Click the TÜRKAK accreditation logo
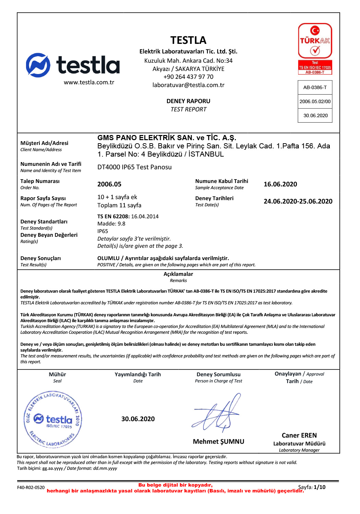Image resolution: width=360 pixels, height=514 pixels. pyautogui.click(x=315, y=48)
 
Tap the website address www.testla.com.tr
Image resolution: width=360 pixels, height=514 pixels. pyautogui.click(x=89, y=82)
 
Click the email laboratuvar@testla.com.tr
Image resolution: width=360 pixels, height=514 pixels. pyautogui.click(x=188, y=85)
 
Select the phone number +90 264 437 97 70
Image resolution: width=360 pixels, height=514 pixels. pyautogui.click(x=188, y=77)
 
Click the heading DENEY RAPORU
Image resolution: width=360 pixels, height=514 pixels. pyautogui.click(x=188, y=101)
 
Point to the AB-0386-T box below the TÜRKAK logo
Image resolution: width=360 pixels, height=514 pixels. pyautogui.click(x=315, y=87)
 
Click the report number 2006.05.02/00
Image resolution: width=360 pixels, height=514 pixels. pyautogui.click(x=315, y=101)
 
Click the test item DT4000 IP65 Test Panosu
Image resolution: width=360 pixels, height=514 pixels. pyautogui.click(x=134, y=167)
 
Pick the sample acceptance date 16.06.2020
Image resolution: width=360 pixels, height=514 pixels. pyautogui.click(x=280, y=184)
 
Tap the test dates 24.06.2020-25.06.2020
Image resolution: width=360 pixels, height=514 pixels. pyautogui.click(x=298, y=201)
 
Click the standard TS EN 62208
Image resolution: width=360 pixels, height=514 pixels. pyautogui.click(x=113, y=217)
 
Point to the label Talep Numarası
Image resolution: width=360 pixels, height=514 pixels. pyautogui.click(x=40, y=181)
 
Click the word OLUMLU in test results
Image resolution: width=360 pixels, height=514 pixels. pyautogui.click(x=108, y=258)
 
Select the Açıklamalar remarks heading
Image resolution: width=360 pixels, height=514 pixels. pyautogui.click(x=178, y=274)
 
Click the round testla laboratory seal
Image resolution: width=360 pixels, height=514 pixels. pyautogui.click(x=53, y=419)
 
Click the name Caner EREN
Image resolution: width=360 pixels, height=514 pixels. pyautogui.click(x=299, y=436)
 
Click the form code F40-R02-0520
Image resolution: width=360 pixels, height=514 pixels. pyautogui.click(x=31, y=488)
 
